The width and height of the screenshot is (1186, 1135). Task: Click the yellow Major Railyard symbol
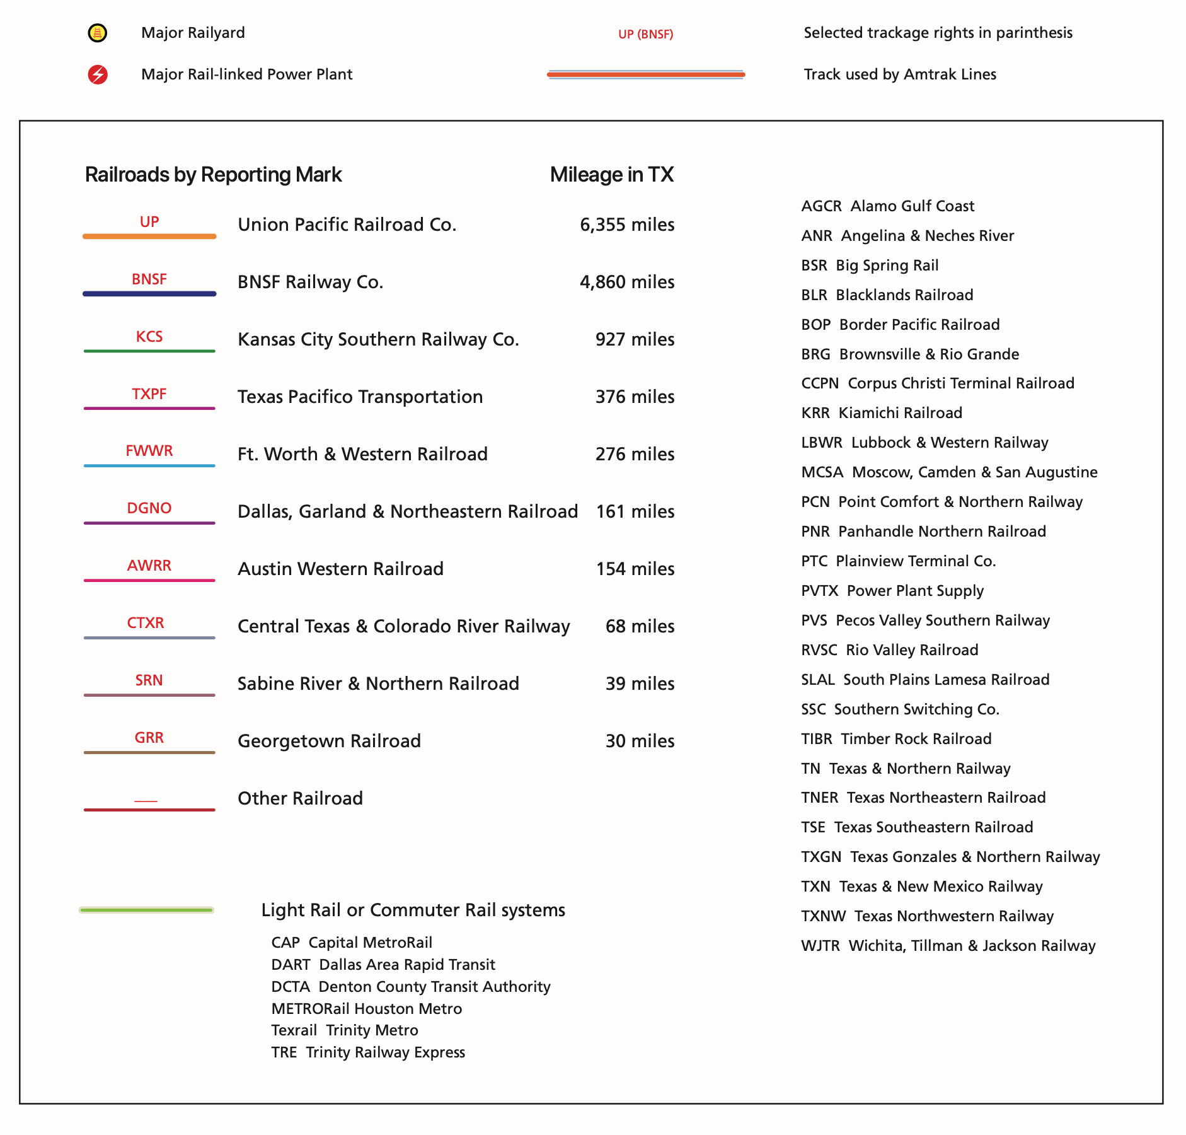coord(97,33)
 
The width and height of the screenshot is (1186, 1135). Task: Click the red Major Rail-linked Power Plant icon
coord(98,74)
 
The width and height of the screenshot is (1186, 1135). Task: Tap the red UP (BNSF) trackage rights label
coord(645,35)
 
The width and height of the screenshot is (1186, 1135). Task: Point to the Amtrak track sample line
coord(646,74)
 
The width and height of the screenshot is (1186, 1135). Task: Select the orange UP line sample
coord(149,236)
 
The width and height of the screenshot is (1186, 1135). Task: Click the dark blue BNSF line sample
coord(149,294)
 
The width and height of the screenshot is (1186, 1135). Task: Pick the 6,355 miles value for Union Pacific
coord(626,225)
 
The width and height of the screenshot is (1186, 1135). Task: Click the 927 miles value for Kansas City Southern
coord(635,340)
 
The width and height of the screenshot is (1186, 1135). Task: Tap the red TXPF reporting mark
coord(149,394)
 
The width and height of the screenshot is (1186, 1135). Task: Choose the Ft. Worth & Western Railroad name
coord(362,455)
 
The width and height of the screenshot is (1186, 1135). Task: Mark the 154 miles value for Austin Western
coord(635,569)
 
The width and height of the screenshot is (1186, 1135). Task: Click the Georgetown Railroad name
coord(329,742)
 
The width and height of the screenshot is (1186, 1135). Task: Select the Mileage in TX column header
coord(611,175)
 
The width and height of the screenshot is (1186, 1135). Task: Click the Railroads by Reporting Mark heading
coord(213,175)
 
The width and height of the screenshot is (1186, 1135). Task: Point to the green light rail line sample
coord(146,910)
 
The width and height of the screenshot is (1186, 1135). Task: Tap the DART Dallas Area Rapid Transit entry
coord(383,965)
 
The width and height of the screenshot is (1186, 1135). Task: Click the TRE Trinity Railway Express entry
coord(368,1052)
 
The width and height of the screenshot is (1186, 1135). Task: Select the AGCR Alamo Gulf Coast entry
coord(887,206)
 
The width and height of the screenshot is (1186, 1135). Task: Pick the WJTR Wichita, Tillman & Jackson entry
coord(948,946)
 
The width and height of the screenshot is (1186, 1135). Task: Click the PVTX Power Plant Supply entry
coord(892,591)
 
